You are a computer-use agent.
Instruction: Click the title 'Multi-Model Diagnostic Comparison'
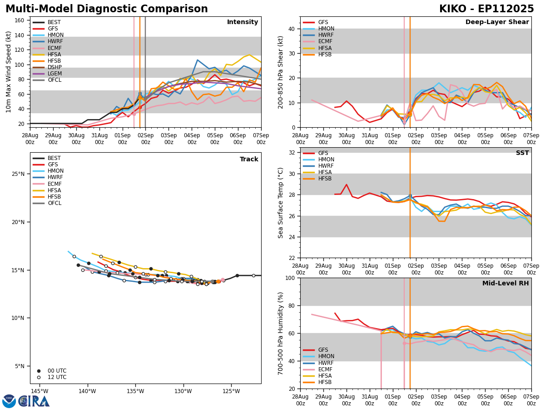pyautogui.click(x=107, y=9)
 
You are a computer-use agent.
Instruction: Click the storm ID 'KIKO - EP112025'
pyautogui.click(x=486, y=9)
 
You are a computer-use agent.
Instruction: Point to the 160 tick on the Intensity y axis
pyautogui.click(x=21, y=20)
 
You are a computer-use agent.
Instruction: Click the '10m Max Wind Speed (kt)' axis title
pyautogui.click(x=9, y=72)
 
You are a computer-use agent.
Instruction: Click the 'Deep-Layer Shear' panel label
pyautogui.click(x=497, y=22)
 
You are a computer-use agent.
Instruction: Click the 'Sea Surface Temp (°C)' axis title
pyautogui.click(x=281, y=203)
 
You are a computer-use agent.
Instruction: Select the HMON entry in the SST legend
pyautogui.click(x=326, y=160)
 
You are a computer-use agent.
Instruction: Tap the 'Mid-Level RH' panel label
pyautogui.click(x=505, y=284)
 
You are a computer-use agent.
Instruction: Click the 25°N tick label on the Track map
pyautogui.click(x=18, y=174)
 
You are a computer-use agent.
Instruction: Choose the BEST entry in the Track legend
pyautogui.click(x=54, y=158)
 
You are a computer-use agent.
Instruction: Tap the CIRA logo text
pyautogui.click(x=34, y=401)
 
